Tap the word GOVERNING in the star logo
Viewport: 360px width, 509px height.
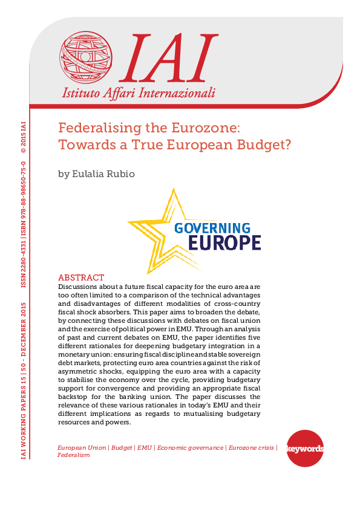(x=212, y=228)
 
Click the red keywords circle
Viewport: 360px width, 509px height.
(x=304, y=449)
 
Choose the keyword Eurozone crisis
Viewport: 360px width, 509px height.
(x=250, y=447)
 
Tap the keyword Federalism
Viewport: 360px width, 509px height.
(x=73, y=455)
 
